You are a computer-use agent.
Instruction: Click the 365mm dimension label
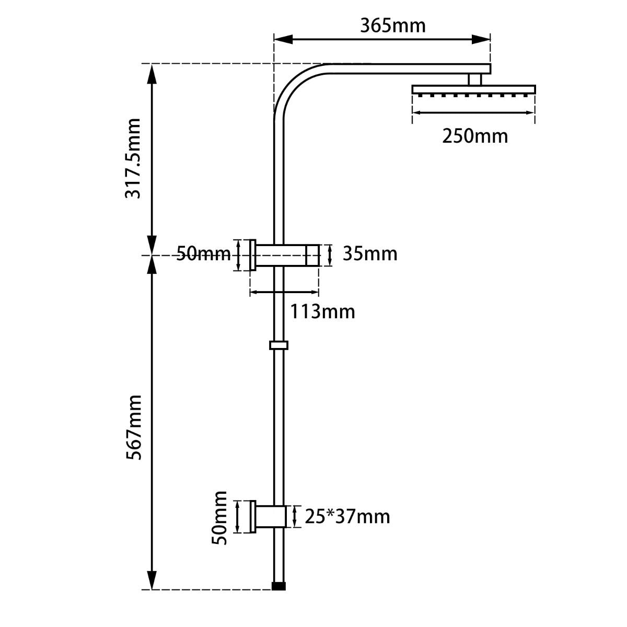(x=392, y=25)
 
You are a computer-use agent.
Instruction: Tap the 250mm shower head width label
(x=474, y=136)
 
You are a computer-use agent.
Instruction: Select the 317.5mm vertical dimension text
(x=133, y=158)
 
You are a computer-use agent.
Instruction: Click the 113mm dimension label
(x=322, y=311)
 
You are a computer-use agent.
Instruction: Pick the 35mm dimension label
(x=370, y=254)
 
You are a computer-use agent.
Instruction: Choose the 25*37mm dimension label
(x=347, y=517)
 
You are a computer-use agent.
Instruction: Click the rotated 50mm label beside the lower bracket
(x=220, y=517)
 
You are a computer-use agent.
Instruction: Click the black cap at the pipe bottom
(x=280, y=586)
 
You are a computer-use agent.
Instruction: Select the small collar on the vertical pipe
(x=279, y=345)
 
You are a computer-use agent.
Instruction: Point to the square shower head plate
(x=473, y=89)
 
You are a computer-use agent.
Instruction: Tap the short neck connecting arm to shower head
(x=474, y=79)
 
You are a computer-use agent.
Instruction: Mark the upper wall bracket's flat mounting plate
(x=253, y=255)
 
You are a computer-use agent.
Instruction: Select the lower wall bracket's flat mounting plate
(x=253, y=517)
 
